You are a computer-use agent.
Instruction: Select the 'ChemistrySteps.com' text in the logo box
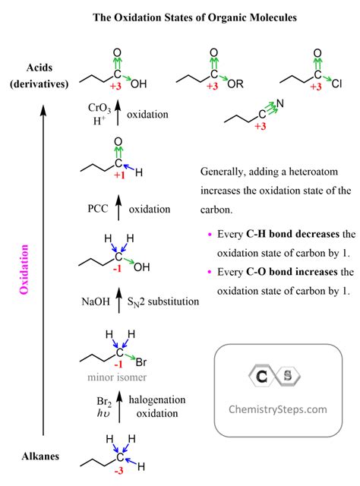pyautogui.click(x=278, y=409)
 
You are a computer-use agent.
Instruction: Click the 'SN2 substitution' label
pyautogui.click(x=163, y=301)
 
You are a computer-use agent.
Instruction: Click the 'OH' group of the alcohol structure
pyautogui.click(x=142, y=267)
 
